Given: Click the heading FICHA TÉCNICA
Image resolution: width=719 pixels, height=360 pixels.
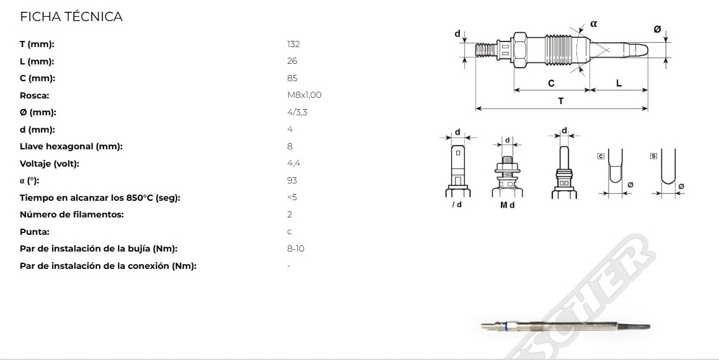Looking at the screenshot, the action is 71,17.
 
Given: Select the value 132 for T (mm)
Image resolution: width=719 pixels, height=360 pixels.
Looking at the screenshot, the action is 293,44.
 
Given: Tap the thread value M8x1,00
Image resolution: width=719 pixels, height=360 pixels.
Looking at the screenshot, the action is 304,95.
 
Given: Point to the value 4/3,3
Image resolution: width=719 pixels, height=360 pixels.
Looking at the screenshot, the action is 297,112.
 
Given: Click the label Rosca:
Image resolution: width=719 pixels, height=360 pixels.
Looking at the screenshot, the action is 34,96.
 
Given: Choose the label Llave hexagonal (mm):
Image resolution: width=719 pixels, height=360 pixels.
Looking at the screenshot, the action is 71,147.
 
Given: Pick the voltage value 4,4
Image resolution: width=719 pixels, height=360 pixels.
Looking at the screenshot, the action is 293,163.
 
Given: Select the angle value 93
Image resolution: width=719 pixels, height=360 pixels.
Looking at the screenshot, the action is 292,180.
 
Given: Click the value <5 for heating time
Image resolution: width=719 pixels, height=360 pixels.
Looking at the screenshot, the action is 292,197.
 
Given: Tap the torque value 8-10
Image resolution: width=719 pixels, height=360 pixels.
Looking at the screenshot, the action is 296,248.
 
